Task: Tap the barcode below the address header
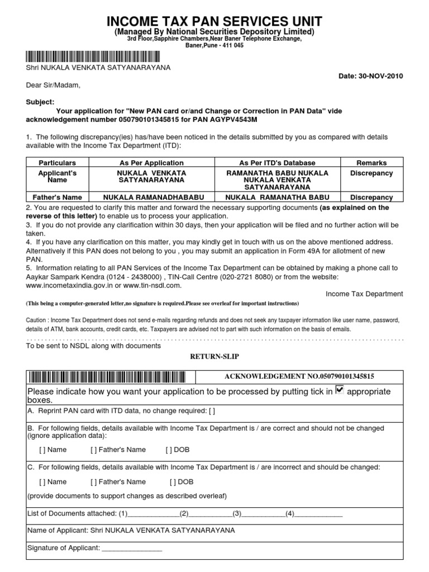pos(92,56)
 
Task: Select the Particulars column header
pos(57,163)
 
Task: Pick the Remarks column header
pos(371,163)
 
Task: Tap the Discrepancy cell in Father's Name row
pos(371,197)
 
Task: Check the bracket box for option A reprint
pos(211,411)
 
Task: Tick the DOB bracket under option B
pos(170,450)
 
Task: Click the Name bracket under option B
pos(42,450)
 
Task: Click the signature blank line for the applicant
pos(131,548)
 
